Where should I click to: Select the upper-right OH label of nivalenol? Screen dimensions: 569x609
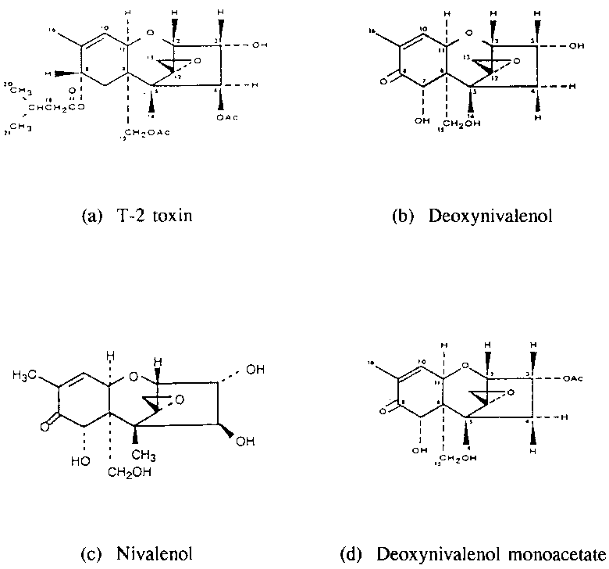(x=255, y=371)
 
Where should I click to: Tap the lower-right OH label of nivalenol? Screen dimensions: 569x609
(x=246, y=442)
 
